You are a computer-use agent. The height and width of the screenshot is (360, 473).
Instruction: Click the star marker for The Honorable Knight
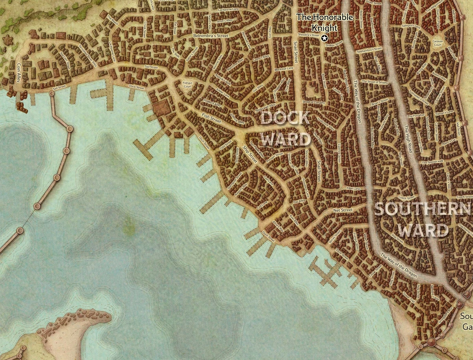(324, 38)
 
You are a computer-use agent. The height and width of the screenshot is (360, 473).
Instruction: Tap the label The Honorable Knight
(317, 22)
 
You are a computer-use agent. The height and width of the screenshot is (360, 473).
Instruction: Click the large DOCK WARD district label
(285, 128)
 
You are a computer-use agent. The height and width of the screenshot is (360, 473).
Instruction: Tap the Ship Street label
(250, 155)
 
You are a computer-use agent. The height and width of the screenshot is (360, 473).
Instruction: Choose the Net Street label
(343, 211)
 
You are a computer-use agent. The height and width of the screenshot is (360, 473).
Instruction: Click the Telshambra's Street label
(369, 50)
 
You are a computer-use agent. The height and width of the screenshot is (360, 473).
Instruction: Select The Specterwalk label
(433, 162)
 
